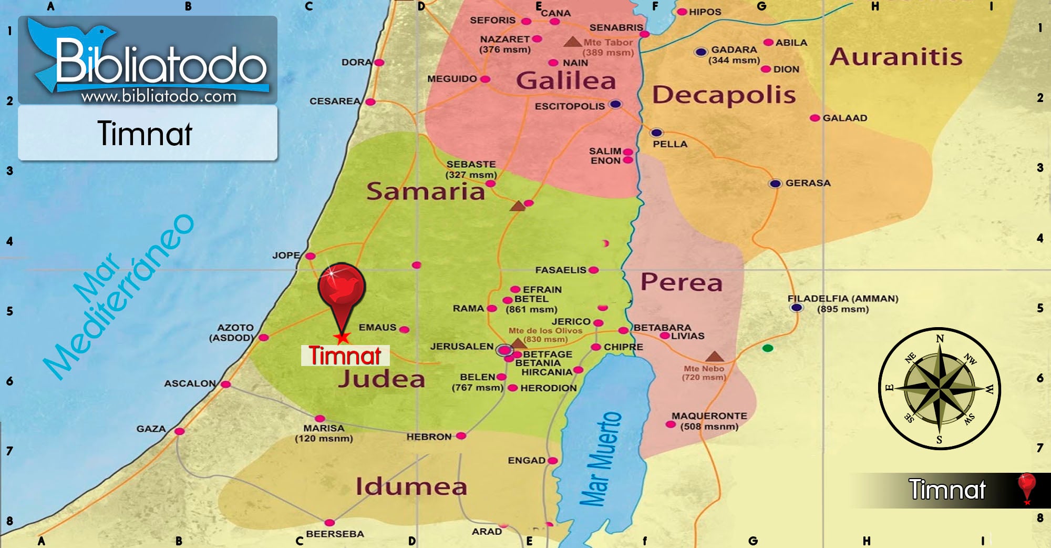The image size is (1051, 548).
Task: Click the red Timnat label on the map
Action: click(x=345, y=356)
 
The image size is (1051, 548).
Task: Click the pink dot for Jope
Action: click(x=311, y=256)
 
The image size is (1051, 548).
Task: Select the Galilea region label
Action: click(x=565, y=81)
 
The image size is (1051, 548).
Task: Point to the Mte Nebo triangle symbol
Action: click(x=714, y=357)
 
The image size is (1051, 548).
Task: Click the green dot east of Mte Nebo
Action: click(x=768, y=348)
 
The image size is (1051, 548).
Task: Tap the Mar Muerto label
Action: click(x=601, y=459)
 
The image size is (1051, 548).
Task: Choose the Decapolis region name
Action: click(x=724, y=95)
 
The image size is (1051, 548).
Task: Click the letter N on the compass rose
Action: click(x=940, y=339)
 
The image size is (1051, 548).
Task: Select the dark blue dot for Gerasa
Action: click(x=775, y=184)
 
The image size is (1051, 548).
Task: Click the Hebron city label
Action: click(x=429, y=437)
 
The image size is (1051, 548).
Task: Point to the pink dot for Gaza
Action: click(x=180, y=431)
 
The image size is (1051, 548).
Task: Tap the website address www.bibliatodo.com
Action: click(x=159, y=96)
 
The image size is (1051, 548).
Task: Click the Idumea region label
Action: click(x=411, y=486)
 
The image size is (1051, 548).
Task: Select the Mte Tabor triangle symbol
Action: click(x=572, y=42)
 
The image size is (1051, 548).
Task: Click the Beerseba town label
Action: click(x=335, y=534)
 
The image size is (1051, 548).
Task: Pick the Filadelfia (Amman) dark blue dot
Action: click(x=797, y=308)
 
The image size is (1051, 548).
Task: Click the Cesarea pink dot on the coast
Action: click(x=370, y=102)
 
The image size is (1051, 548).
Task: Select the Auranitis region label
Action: click(x=895, y=57)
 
